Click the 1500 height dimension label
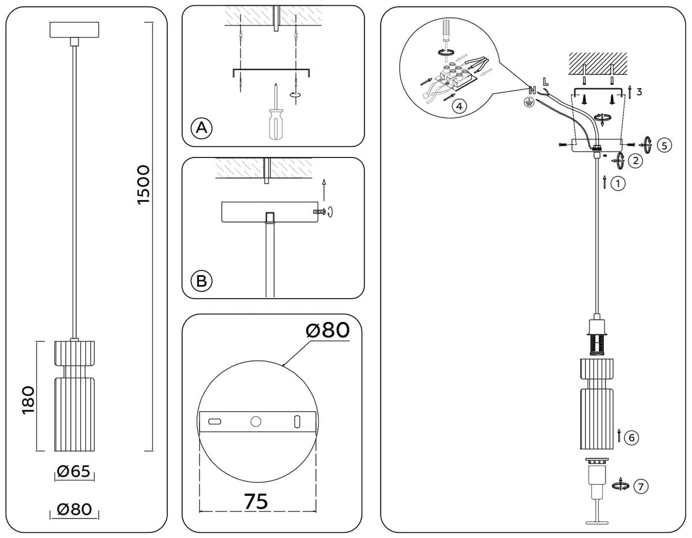tap(144, 185)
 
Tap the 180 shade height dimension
tap(28, 400)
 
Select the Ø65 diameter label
tap(74, 472)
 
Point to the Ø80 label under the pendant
tap(74, 509)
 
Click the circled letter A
tap(201, 129)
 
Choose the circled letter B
tap(201, 281)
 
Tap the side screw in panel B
tap(318, 212)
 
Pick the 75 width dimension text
tap(257, 502)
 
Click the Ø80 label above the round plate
tap(328, 330)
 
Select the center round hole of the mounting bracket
tap(255, 422)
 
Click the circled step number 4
tap(459, 106)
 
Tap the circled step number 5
tap(664, 145)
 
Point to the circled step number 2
tap(635, 161)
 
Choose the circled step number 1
tap(618, 184)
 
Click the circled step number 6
tap(631, 438)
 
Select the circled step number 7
tap(641, 486)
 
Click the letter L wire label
tap(546, 82)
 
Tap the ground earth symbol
tap(529, 102)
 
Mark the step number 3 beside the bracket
tap(639, 92)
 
